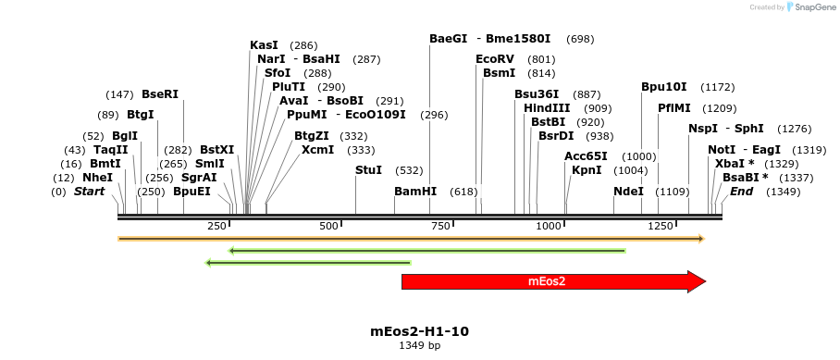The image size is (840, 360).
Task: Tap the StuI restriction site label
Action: (x=368, y=170)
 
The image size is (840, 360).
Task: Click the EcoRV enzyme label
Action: (x=494, y=59)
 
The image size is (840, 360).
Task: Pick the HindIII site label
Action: (x=548, y=108)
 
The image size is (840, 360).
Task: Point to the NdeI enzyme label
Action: (x=628, y=192)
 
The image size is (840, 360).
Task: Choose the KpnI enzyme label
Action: (x=587, y=170)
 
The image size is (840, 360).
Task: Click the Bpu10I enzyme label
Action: (x=664, y=87)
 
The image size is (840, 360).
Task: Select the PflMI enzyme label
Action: (x=674, y=108)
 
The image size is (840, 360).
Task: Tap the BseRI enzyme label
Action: (x=160, y=94)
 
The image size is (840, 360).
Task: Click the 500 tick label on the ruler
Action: (x=329, y=227)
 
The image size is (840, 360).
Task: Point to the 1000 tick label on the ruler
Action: (x=549, y=227)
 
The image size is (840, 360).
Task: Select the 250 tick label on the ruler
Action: (x=218, y=227)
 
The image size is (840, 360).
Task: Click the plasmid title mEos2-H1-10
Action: (x=419, y=331)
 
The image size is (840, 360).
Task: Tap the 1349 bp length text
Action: (x=419, y=345)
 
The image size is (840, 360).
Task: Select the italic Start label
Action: (x=89, y=192)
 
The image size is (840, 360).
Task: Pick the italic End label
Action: (x=741, y=192)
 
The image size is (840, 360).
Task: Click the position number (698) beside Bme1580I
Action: (x=580, y=39)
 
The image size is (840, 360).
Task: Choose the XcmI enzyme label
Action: (x=317, y=150)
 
